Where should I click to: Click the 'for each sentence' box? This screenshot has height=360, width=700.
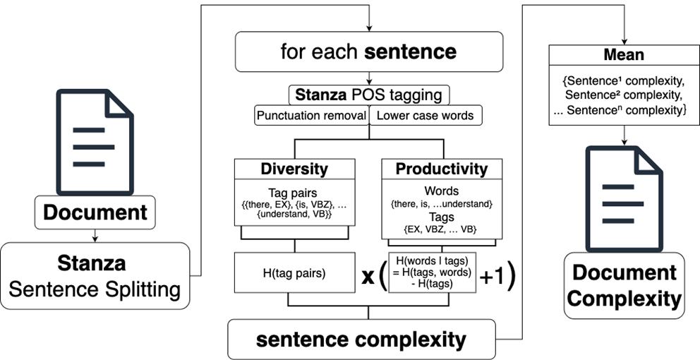click(368, 52)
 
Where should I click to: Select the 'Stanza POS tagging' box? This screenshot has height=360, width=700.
click(368, 94)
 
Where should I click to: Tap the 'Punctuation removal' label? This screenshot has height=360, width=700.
click(311, 115)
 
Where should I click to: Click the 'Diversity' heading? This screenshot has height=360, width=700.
click(294, 169)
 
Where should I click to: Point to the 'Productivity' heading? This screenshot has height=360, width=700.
click(441, 169)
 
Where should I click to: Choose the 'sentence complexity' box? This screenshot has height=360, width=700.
click(361, 340)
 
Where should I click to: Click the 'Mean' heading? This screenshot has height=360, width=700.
click(623, 54)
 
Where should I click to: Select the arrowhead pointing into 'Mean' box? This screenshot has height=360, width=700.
click(623, 41)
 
